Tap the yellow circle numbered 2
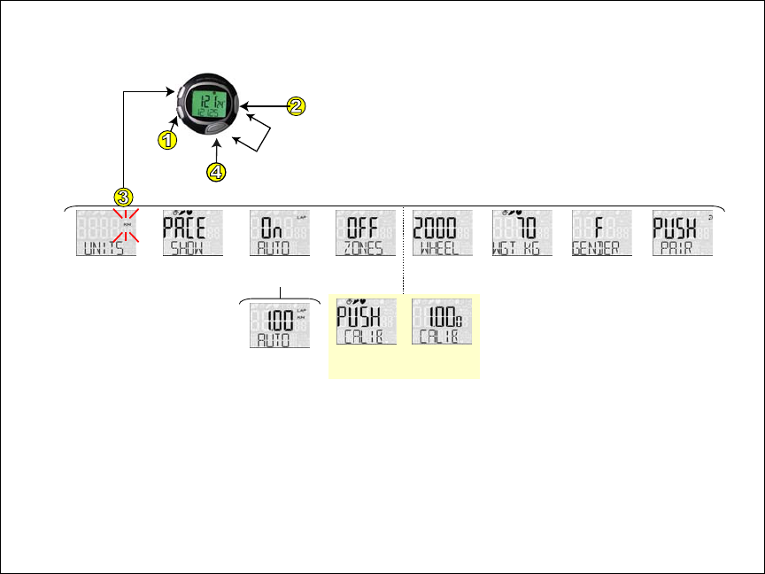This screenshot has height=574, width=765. pyautogui.click(x=296, y=105)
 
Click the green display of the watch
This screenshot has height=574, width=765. pyautogui.click(x=209, y=106)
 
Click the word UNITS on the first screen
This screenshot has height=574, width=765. pyautogui.click(x=104, y=249)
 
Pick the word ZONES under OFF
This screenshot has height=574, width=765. pyautogui.click(x=365, y=249)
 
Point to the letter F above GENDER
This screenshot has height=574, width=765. pyautogui.click(x=599, y=228)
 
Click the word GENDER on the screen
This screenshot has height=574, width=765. pyautogui.click(x=599, y=249)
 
